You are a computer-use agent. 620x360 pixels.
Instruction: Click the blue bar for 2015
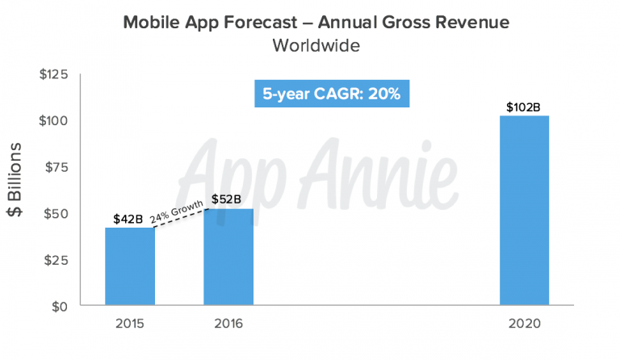coord(130,267)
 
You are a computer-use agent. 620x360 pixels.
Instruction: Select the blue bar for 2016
coord(228,257)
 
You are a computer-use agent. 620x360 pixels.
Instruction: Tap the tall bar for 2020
coord(524,211)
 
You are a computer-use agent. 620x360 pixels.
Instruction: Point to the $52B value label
coord(227,199)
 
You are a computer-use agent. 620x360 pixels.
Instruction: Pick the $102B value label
coord(523,106)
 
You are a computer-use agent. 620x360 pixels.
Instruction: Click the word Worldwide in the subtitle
coord(316,45)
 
